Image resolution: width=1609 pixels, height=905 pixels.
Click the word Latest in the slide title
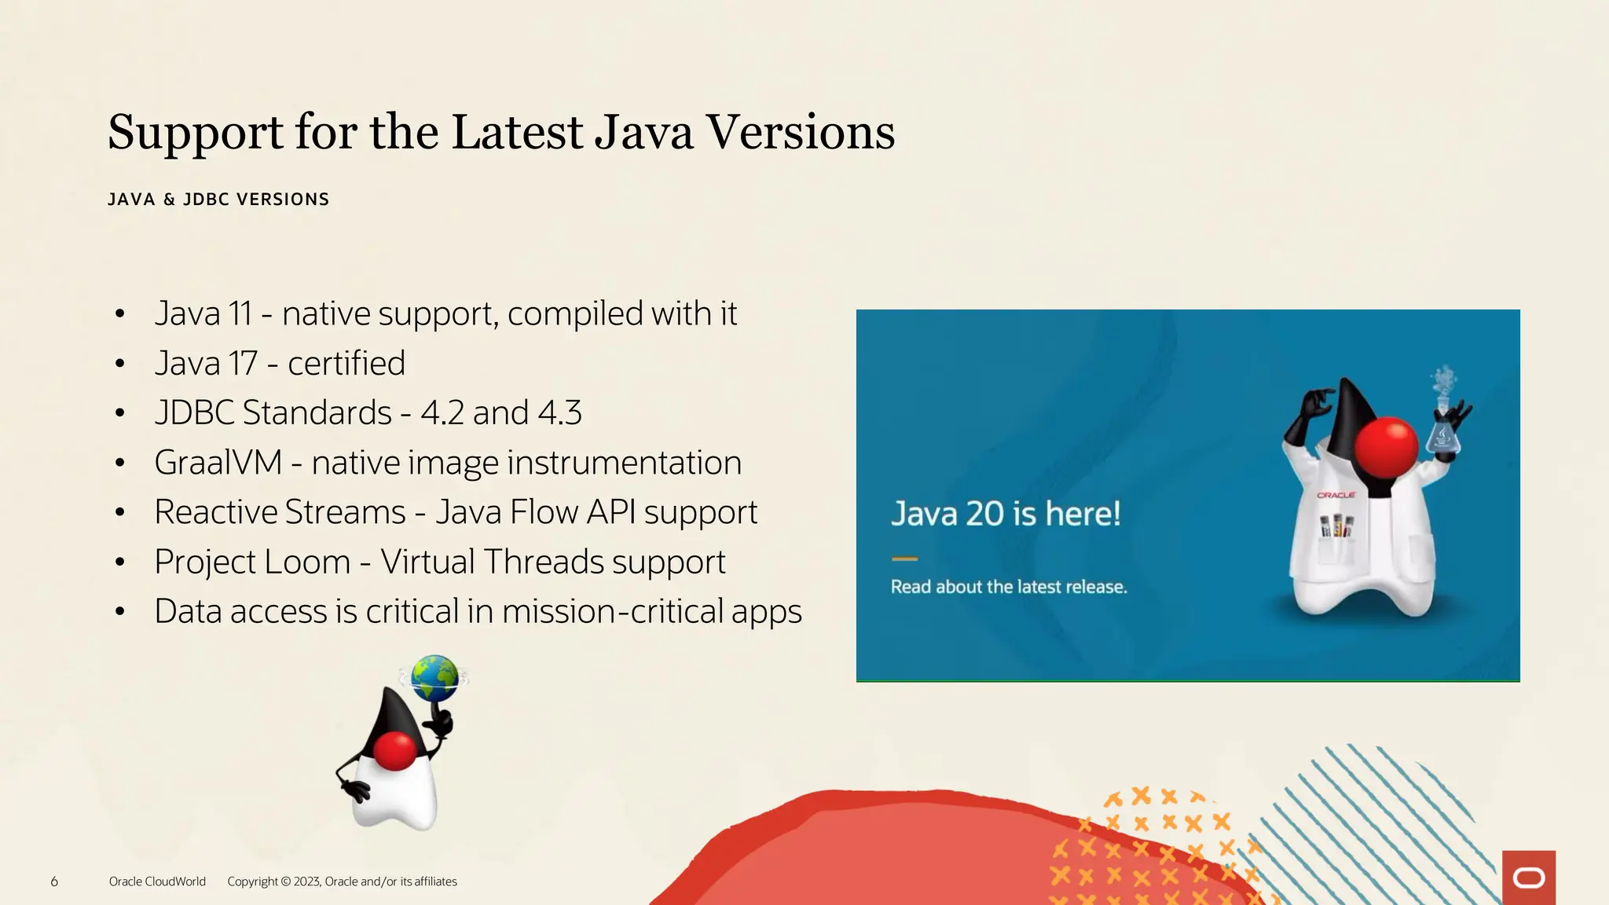click(517, 132)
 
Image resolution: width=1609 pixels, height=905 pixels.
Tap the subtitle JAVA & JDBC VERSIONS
click(218, 200)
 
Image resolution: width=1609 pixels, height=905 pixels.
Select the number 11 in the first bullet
click(240, 314)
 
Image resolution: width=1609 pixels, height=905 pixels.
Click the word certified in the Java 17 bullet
click(346, 364)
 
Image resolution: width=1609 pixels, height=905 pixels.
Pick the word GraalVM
click(218, 463)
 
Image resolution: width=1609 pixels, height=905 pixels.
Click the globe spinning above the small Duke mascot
click(434, 677)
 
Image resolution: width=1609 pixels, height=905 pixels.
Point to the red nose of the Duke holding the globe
click(394, 750)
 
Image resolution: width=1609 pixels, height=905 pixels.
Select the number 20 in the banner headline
click(984, 515)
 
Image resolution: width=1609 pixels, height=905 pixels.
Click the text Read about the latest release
click(1009, 587)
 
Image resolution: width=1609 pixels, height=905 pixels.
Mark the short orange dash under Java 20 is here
click(904, 559)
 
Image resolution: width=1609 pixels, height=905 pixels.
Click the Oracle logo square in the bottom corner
click(1528, 878)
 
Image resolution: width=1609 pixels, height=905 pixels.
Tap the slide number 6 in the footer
click(54, 881)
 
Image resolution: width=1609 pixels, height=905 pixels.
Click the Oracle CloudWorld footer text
click(157, 881)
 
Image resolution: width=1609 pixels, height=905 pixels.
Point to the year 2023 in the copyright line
click(306, 881)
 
